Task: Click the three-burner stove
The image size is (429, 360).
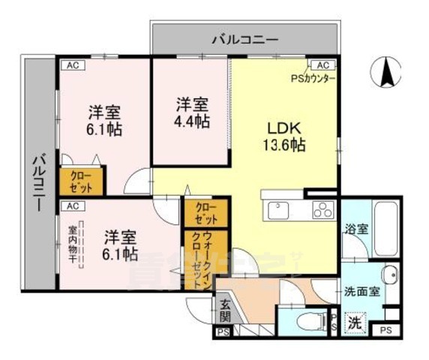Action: coord(321,208)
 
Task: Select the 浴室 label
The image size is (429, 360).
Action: coord(355,229)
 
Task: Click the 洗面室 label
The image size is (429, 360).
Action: coord(361,292)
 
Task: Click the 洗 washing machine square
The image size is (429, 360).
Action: coord(354,323)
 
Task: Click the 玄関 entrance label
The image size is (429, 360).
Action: coord(225,310)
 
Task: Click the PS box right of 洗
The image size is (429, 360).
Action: coord(385,331)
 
